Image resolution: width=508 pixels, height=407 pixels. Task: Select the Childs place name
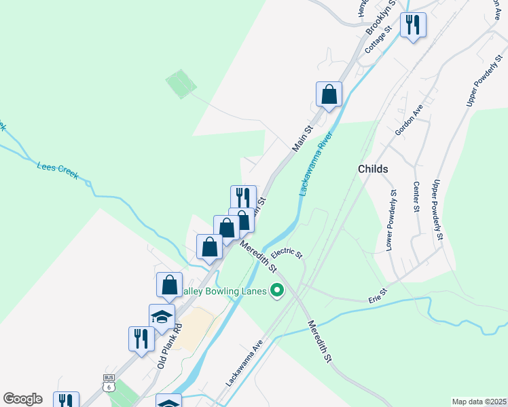373,169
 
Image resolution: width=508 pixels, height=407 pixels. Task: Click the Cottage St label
379,40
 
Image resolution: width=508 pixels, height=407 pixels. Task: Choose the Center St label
415,197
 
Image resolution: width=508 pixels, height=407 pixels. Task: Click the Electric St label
286,252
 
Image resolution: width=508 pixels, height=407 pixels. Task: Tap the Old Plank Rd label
170,345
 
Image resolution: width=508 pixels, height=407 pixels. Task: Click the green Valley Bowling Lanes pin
277,292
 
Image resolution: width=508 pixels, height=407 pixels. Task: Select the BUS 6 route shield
109,383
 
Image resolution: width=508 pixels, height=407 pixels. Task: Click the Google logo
22,399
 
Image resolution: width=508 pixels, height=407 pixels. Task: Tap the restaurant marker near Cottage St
413,26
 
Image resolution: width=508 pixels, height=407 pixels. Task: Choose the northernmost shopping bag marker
329,94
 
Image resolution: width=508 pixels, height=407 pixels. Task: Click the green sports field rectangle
181,84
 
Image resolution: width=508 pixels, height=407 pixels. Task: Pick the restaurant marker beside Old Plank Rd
141,339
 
